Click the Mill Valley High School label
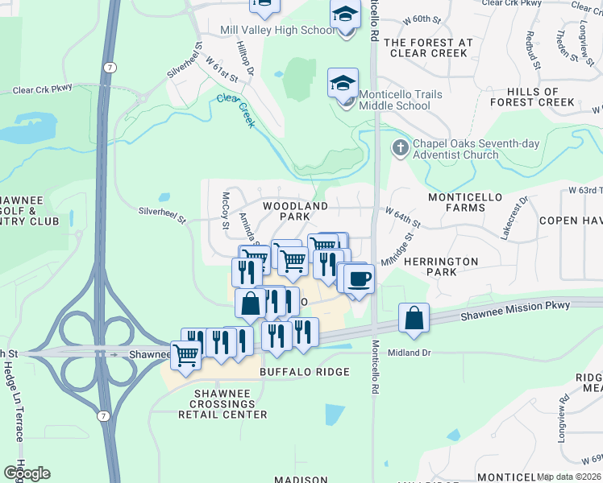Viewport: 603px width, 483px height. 277,31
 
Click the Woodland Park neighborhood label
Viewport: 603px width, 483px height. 295,211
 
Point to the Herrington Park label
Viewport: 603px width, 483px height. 441,266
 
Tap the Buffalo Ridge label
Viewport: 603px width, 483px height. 304,372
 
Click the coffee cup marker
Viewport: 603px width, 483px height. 359,279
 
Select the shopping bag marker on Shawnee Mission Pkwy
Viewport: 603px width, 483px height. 414,318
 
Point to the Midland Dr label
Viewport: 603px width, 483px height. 410,353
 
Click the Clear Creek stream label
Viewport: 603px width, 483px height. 235,110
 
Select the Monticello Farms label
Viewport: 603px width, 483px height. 464,202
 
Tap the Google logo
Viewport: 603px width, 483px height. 27,473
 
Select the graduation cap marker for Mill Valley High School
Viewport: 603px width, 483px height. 345,15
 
